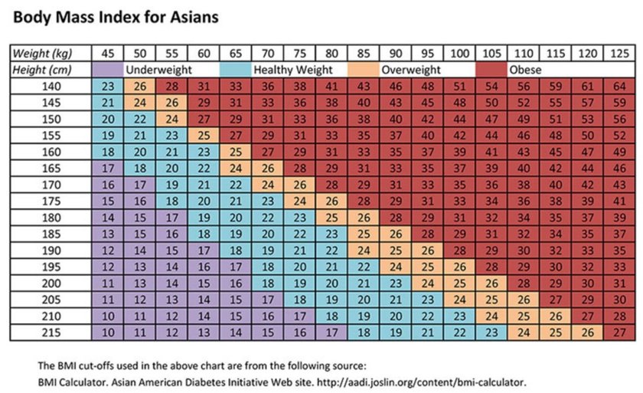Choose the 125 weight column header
click(x=619, y=53)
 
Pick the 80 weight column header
click(x=331, y=53)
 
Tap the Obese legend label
click(x=525, y=70)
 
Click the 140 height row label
click(x=50, y=87)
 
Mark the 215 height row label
click(x=50, y=333)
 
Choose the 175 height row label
click(x=50, y=201)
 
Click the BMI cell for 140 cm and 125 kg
click(x=619, y=87)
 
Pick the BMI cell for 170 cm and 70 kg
click(x=267, y=185)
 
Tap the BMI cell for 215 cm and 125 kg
click(x=619, y=333)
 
